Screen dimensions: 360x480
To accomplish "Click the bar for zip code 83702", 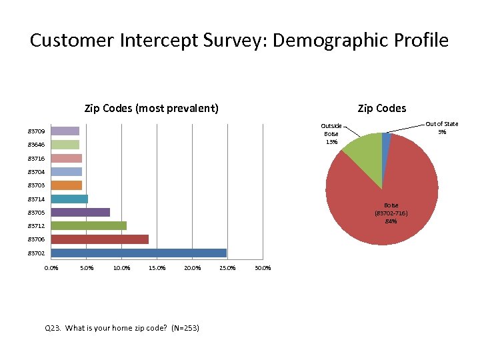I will tap(139, 253).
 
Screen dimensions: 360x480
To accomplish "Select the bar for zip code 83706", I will tap(99, 239).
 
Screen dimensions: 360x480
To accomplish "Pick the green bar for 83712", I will tap(89, 226).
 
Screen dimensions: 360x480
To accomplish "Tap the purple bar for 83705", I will tap(80, 213).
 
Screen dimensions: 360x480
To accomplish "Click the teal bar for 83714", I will tap(69, 199).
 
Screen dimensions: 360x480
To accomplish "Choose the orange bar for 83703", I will tap(66, 185).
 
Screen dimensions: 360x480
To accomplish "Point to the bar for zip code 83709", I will tap(65, 131).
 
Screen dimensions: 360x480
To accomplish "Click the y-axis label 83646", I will tap(36, 145).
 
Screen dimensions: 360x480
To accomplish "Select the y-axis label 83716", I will tap(36, 158).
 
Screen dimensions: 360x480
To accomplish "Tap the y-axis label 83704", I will tap(36, 172).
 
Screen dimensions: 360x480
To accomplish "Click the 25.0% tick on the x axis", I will tap(227, 269).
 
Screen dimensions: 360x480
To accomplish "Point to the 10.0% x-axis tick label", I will tap(121, 269).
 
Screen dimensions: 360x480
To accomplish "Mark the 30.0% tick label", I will tap(263, 269).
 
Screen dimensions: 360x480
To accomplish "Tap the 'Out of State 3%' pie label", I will tap(441, 128).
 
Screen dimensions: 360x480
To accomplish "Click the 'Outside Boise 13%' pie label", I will tap(331, 133).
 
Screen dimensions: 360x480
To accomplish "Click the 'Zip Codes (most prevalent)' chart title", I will tap(151, 108).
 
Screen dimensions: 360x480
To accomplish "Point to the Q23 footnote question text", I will tap(121, 328).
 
